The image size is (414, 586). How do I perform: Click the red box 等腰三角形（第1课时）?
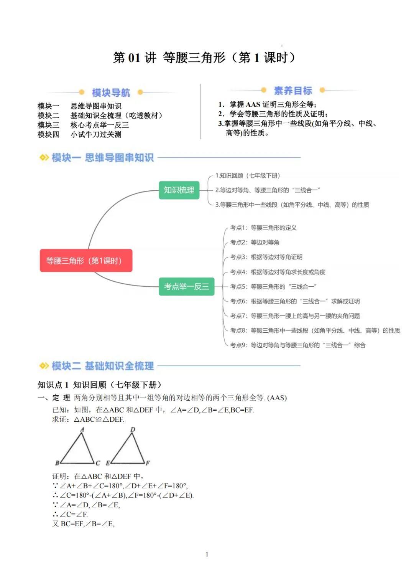point(86,261)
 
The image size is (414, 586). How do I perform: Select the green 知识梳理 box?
point(179,190)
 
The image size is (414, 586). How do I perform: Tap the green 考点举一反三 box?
point(186,286)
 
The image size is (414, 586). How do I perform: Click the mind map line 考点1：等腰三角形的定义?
point(263,228)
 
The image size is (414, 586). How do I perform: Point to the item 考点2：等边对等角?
point(255,243)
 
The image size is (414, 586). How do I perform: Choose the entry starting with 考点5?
point(273,287)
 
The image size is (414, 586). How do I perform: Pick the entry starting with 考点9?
point(297,345)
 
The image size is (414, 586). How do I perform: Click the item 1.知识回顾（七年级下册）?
point(248,175)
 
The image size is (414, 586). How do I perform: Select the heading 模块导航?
point(111,92)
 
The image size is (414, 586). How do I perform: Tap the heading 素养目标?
point(293,91)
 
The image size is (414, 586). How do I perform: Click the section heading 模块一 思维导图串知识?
point(102,157)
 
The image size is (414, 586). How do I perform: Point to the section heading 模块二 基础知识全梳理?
point(102,366)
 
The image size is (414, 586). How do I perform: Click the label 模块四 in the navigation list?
point(48,134)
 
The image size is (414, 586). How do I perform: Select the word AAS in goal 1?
point(253,104)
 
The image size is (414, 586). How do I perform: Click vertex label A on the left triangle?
point(82,430)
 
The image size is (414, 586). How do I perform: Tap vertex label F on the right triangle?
point(148,463)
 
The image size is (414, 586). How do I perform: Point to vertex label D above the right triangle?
point(133,429)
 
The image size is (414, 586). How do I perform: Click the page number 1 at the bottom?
point(207,554)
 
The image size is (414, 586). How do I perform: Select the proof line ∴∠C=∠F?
point(70,514)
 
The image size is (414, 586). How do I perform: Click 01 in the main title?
point(134,58)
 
